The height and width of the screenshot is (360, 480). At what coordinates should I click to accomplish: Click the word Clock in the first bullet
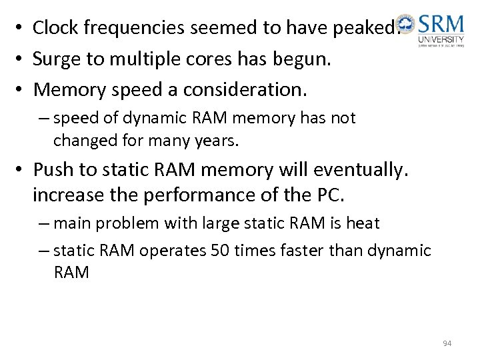[x=55, y=28]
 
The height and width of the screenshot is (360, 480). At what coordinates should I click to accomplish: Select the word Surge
[x=58, y=59]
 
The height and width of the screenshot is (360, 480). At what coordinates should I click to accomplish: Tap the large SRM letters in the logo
[x=441, y=26]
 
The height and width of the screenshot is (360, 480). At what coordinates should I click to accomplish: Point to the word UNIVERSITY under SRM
[x=441, y=40]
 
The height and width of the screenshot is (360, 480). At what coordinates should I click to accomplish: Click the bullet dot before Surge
[x=21, y=59]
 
